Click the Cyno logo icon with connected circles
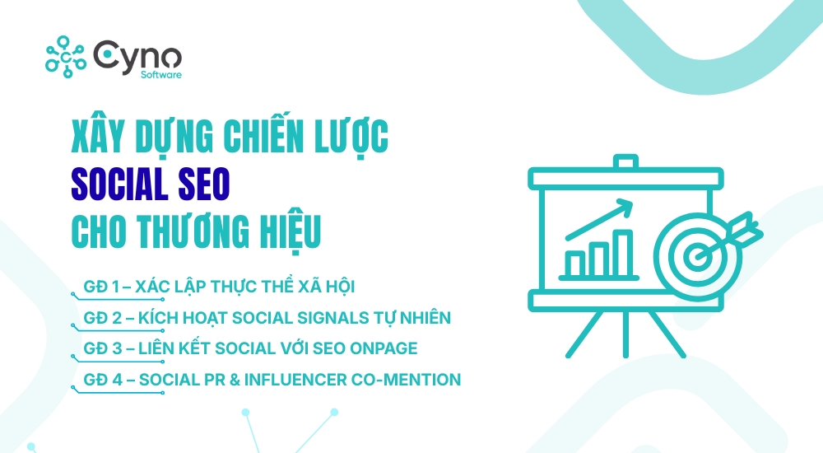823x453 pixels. click(66, 56)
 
